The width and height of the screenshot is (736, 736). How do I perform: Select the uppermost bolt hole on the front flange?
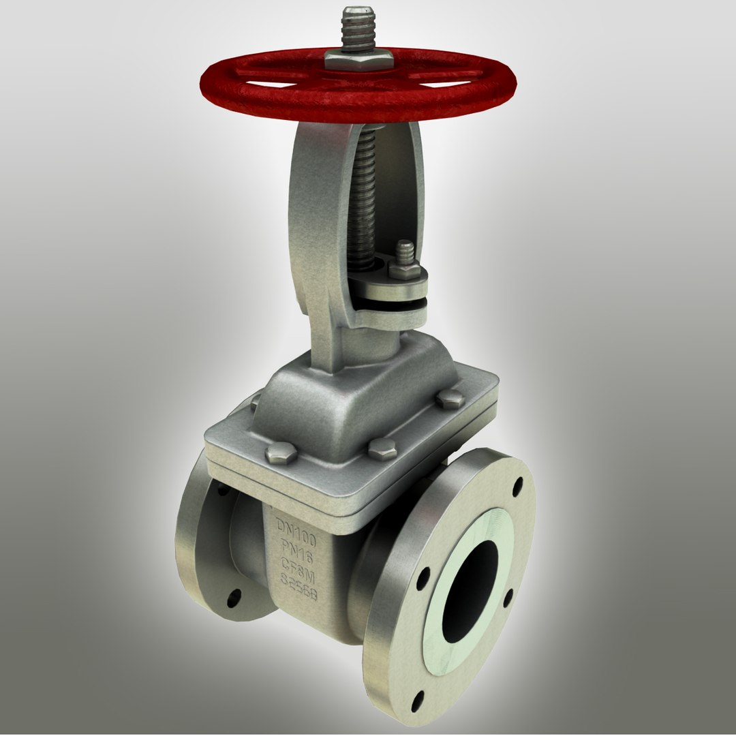point(517,486)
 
